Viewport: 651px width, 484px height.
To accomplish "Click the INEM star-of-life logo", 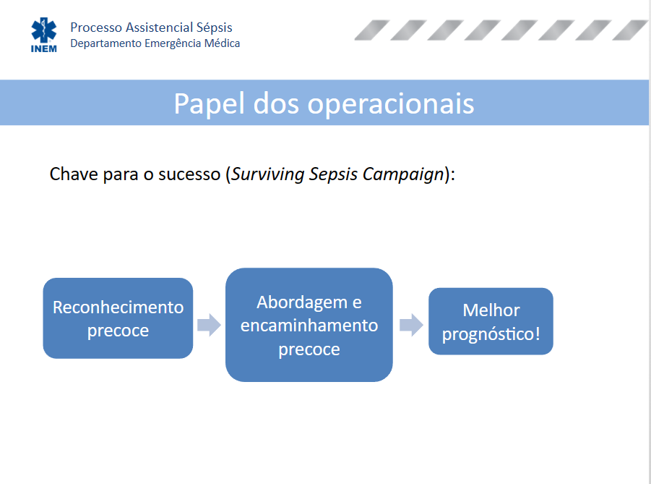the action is [x=43, y=35].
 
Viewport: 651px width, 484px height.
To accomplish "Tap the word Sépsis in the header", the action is [x=215, y=27].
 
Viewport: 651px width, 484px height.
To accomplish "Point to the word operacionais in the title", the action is [x=391, y=104].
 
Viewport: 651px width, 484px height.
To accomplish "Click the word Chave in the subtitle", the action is [x=74, y=174].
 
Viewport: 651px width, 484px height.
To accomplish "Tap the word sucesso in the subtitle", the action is [x=189, y=174].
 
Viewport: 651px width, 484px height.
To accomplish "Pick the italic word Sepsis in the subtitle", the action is [x=333, y=174].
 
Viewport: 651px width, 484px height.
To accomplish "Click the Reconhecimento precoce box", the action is [x=118, y=318].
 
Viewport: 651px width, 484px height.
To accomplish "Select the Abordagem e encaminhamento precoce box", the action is [x=309, y=325].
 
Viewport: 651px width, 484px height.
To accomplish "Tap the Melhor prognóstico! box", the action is [x=491, y=321].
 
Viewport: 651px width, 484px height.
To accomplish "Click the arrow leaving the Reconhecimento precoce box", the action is [x=210, y=325].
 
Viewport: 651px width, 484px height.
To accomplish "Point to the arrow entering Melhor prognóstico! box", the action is [x=411, y=325].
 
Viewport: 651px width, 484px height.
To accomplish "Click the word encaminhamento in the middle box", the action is [x=309, y=325].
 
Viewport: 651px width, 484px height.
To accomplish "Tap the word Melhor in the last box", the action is [x=491, y=310].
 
